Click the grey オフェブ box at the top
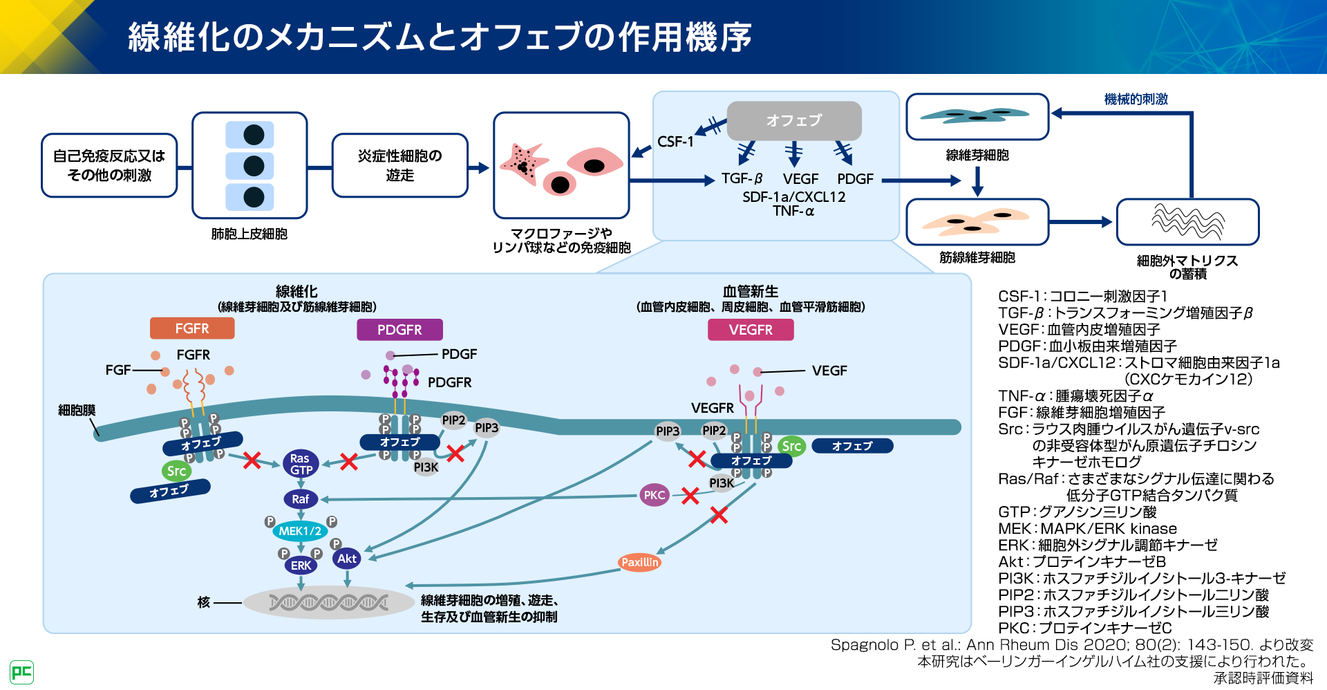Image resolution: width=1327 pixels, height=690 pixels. click(794, 120)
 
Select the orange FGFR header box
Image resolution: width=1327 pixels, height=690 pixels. click(192, 328)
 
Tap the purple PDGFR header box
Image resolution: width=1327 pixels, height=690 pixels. click(399, 330)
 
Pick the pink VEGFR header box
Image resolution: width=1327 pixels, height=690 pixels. click(751, 330)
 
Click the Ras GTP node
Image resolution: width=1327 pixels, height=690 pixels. click(301, 464)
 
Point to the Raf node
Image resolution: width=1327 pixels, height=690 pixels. click(301, 499)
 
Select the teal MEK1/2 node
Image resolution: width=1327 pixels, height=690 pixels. click(300, 531)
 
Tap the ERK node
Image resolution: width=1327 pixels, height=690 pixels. click(301, 566)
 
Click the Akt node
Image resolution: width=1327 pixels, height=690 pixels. click(347, 559)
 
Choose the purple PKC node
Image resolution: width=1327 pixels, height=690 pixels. click(654, 495)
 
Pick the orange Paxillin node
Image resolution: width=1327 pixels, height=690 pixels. click(640, 562)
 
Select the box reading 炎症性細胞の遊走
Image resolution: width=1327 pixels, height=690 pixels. click(399, 165)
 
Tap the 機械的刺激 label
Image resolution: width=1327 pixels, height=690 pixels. click(1136, 100)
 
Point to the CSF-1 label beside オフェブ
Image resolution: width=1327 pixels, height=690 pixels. click(675, 142)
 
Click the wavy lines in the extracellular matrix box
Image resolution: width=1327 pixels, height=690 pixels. click(1187, 221)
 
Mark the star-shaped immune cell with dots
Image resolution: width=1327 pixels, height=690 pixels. click(523, 165)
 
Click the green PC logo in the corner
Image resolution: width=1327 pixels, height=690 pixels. click(21, 672)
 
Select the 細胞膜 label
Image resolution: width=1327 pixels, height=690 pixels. click(77, 411)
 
